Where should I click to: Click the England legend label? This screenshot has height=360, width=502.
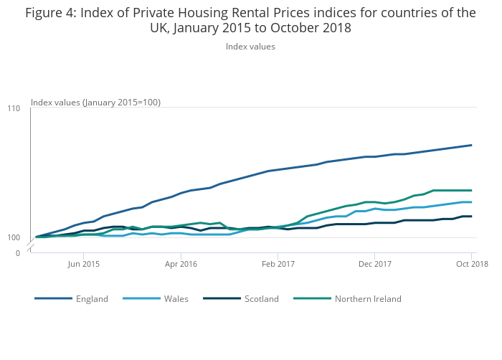point(92,299)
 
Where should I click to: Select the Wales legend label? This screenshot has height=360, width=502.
point(176,299)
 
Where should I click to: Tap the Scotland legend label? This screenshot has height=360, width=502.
point(261,299)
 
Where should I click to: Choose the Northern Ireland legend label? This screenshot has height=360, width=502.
point(368,299)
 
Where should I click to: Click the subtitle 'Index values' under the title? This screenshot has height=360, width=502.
point(250,47)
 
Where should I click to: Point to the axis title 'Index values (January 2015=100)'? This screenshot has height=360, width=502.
point(95,103)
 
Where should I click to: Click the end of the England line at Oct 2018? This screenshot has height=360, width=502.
point(471,145)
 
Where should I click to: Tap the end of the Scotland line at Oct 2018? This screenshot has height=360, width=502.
point(471,216)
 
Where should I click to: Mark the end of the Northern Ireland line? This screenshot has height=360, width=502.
point(471,190)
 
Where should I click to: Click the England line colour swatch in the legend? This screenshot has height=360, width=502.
point(53,299)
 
